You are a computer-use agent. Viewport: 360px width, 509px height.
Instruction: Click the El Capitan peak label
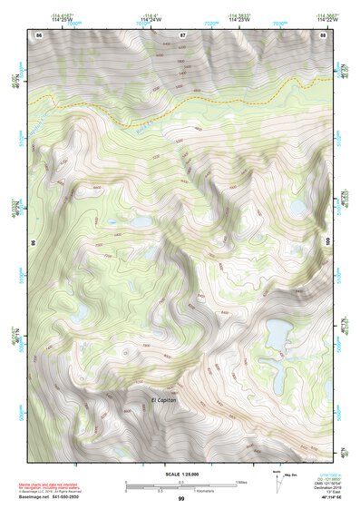coord(169,400)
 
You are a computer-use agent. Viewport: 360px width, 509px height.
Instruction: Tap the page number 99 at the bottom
coord(180,499)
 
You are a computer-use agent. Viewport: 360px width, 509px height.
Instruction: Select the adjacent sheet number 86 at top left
coord(39,34)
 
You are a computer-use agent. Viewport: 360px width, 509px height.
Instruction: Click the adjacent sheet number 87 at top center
coord(181,34)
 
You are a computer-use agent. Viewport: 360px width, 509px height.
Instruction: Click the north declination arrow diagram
coord(275,478)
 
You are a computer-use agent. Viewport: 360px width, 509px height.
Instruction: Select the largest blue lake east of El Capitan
coord(277,335)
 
